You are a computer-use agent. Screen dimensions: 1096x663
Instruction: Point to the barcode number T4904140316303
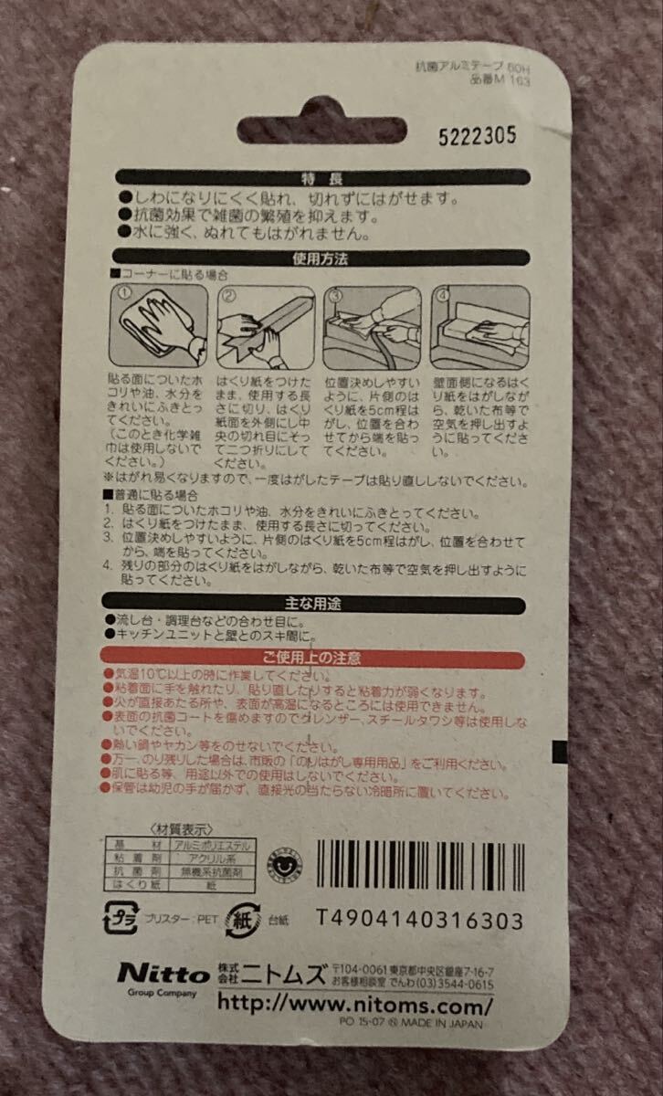tap(420, 919)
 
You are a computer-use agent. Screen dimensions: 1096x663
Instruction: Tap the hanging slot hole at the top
tap(322, 128)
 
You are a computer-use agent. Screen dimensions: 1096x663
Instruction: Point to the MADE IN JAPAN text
tap(448, 1025)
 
